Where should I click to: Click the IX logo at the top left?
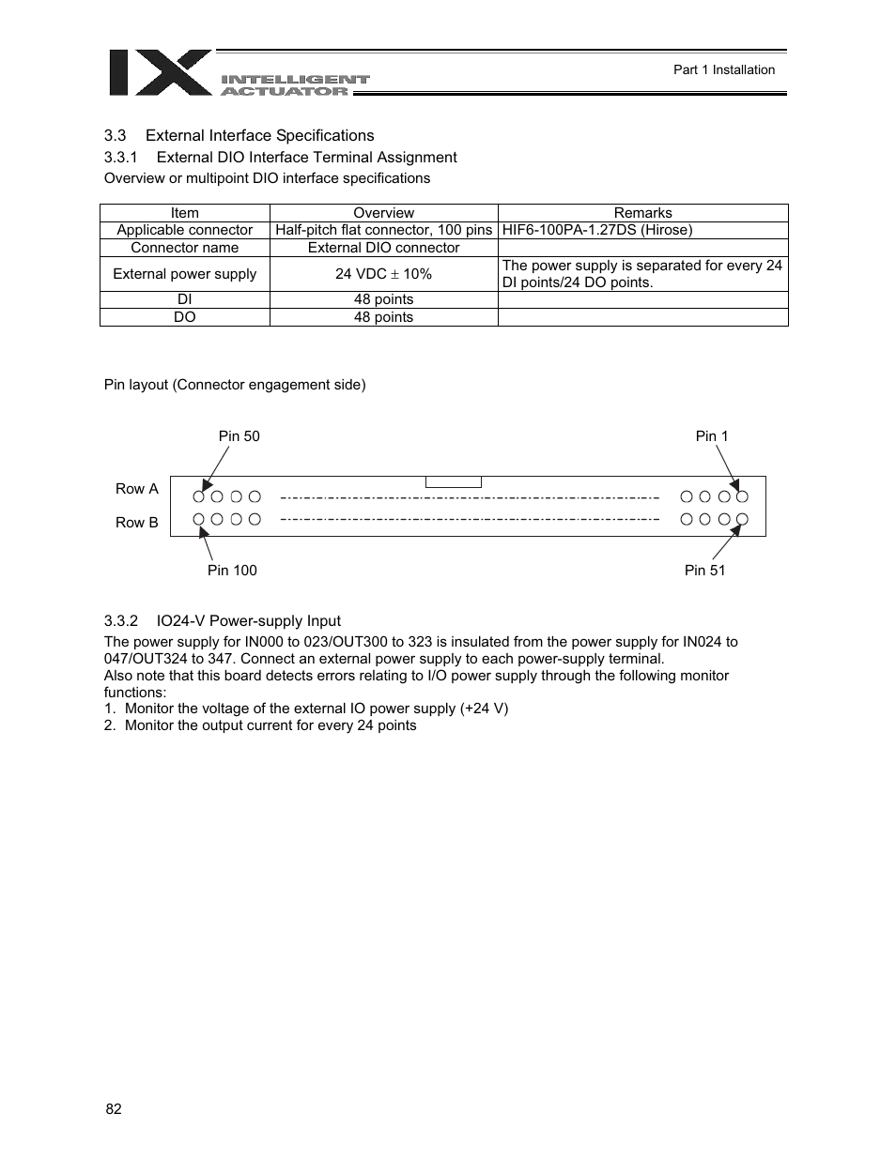click(x=161, y=73)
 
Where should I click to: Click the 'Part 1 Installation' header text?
click(x=723, y=69)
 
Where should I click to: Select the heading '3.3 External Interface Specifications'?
click(x=239, y=135)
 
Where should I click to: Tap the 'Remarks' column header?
click(x=642, y=213)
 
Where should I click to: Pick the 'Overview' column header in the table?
click(x=383, y=213)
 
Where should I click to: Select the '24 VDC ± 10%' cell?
click(x=383, y=274)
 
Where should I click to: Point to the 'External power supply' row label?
click(x=184, y=274)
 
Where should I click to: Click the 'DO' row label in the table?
click(x=184, y=317)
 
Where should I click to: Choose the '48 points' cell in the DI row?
click(x=383, y=299)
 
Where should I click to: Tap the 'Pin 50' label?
click(x=239, y=435)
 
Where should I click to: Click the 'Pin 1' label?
click(x=711, y=435)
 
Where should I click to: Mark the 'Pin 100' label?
click(x=231, y=570)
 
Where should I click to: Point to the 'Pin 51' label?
click(x=704, y=570)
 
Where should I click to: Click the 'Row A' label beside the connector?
click(x=137, y=488)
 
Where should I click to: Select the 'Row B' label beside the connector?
click(x=137, y=522)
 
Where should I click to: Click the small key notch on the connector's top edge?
click(x=453, y=482)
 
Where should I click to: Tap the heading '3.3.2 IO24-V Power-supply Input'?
click(x=222, y=620)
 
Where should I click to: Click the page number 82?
click(x=114, y=1108)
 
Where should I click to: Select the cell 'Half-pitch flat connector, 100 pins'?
click(x=383, y=230)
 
